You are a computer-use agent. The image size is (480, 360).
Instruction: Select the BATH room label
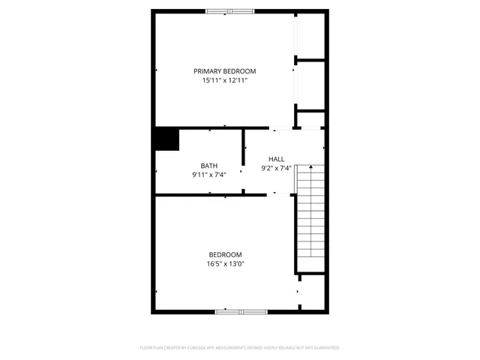point(209,166)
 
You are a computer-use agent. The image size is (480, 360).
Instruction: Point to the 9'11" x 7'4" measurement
point(209,175)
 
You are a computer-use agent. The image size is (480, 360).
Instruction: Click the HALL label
point(276,159)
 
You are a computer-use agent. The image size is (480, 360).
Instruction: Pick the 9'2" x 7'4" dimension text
point(276,168)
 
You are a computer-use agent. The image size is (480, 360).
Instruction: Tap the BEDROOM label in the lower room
point(226,254)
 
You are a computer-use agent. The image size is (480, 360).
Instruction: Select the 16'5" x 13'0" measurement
point(226,263)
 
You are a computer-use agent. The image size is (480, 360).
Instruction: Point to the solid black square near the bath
point(166,139)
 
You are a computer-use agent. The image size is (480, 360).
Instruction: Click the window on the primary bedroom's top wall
point(230,11)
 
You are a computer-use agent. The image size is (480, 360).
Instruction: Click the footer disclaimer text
point(240,348)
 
